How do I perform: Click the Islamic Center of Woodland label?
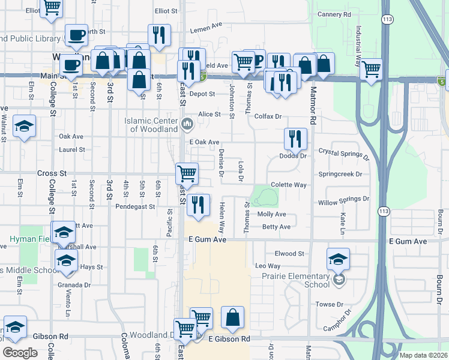[x=151, y=125]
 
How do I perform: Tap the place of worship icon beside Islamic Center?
[x=187, y=125]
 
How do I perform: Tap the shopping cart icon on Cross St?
[x=187, y=173]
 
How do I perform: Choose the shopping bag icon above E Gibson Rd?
[x=232, y=317]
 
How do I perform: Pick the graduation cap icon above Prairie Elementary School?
[x=339, y=259]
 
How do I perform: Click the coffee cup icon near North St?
[x=76, y=35]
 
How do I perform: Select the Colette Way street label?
[x=289, y=185]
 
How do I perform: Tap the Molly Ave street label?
[x=271, y=214]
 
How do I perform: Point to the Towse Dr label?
[x=330, y=304]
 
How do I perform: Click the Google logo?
[x=20, y=353]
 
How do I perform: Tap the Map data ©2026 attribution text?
[x=424, y=355]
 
